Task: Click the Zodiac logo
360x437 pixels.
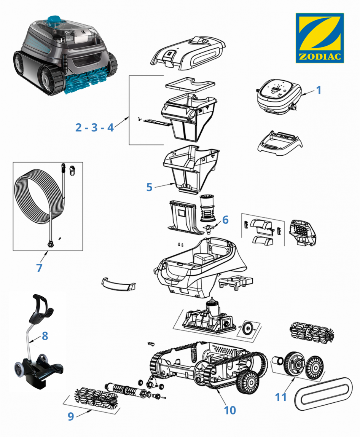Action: click(320, 38)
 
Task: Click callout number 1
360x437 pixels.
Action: click(319, 90)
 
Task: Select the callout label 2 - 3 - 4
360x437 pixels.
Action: click(94, 127)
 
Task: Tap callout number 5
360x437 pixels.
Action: click(149, 187)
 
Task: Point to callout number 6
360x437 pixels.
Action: click(225, 220)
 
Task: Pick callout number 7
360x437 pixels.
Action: click(39, 268)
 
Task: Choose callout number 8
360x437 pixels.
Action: click(45, 336)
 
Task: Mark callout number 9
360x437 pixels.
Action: click(71, 416)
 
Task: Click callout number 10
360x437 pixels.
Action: click(230, 410)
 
